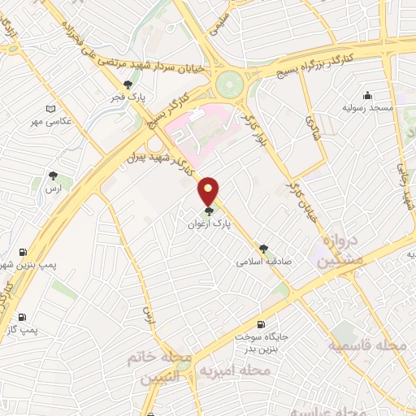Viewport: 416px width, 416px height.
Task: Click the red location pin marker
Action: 210,190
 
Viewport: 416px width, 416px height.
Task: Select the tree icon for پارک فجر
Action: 128,84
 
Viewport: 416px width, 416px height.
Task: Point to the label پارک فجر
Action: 128,97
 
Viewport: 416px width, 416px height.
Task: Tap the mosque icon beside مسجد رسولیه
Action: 367,94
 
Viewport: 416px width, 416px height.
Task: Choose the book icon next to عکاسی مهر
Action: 51,109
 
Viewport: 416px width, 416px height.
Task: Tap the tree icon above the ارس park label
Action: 54,175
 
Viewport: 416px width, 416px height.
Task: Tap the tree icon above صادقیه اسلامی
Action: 263,249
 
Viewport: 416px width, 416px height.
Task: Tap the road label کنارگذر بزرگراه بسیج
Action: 324,63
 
